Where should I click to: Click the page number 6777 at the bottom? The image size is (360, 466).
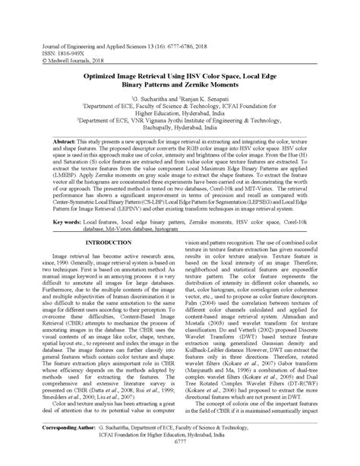coord(179,461)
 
